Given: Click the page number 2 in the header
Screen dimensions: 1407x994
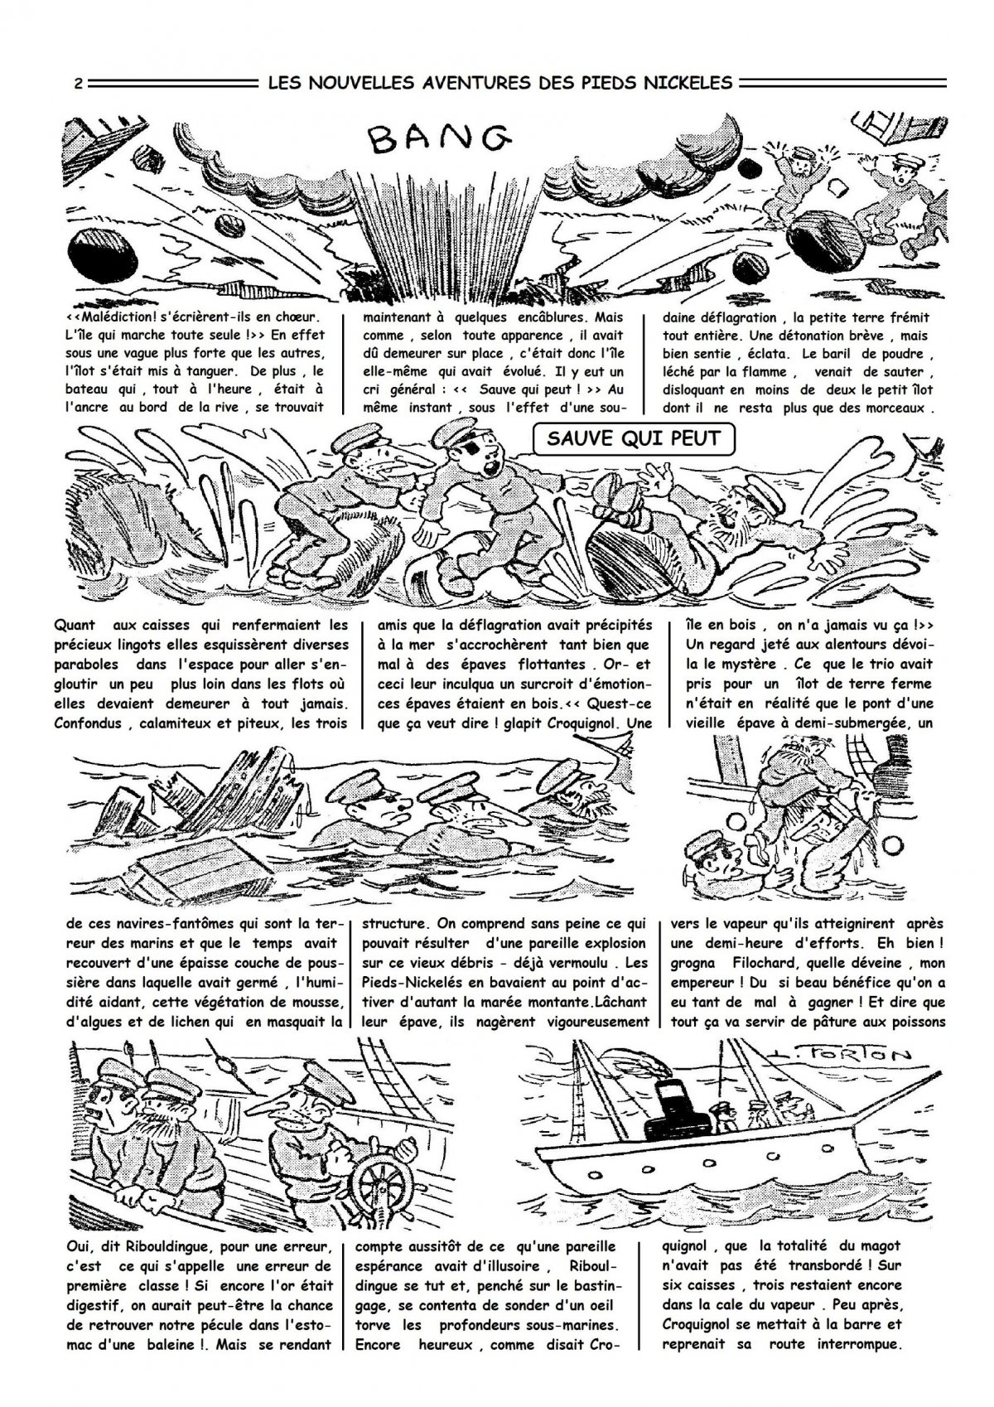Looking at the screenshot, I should point(77,83).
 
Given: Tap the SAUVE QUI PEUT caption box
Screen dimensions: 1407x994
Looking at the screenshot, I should point(635,439).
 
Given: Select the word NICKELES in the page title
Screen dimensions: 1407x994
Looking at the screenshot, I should point(692,82).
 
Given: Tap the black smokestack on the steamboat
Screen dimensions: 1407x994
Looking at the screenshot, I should point(670,1110).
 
